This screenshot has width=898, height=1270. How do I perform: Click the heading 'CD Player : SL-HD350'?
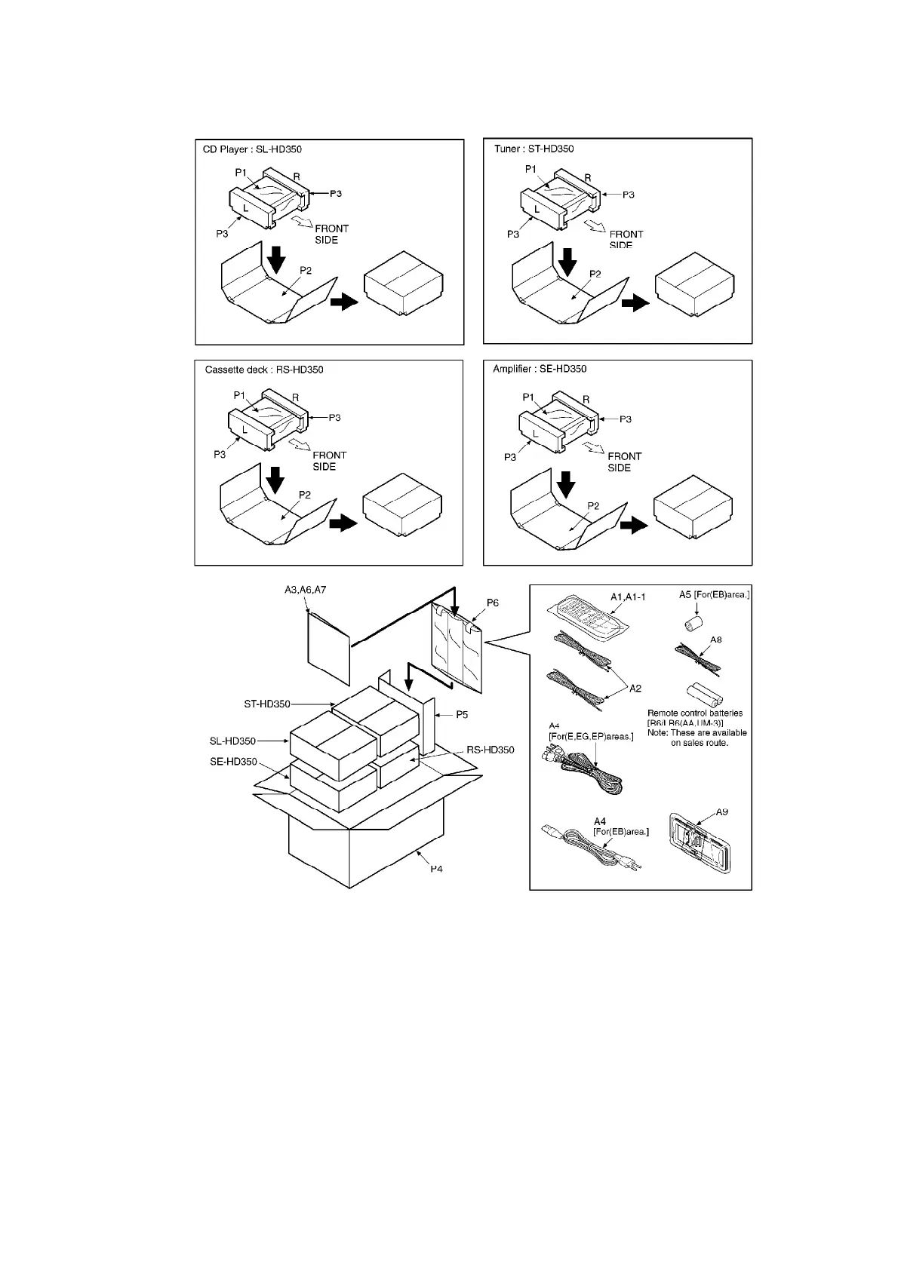(x=252, y=149)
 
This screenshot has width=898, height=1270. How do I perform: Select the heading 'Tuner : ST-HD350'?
(x=534, y=149)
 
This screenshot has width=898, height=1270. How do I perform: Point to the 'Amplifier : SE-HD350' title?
(x=540, y=369)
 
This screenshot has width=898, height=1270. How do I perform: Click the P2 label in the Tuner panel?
(x=595, y=274)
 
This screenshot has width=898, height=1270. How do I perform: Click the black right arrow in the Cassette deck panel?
(x=343, y=524)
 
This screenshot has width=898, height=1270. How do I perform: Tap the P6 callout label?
(x=492, y=603)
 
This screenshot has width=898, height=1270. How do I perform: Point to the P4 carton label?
(x=436, y=869)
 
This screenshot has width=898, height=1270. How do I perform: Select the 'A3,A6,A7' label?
(x=300, y=590)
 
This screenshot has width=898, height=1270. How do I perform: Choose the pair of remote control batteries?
(x=700, y=693)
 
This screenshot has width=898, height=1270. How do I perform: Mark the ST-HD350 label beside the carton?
(x=267, y=704)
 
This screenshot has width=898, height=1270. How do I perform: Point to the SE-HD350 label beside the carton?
(x=233, y=762)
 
